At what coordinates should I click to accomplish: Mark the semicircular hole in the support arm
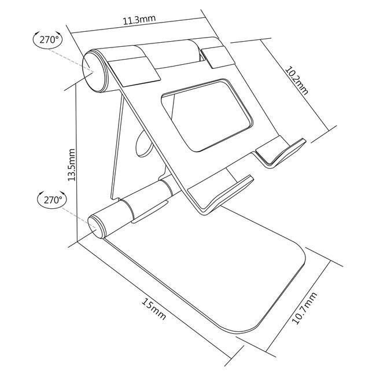(x=143, y=145)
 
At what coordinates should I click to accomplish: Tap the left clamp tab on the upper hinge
(x=133, y=67)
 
